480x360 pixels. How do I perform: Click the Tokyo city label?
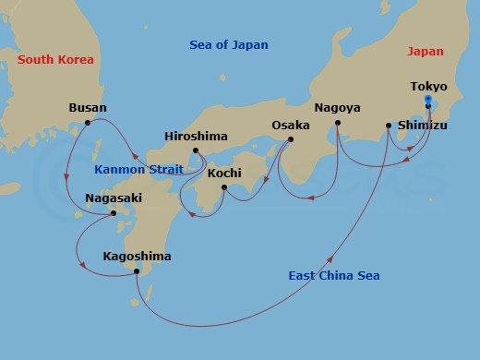[428, 86]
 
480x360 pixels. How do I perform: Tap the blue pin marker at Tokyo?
[427, 100]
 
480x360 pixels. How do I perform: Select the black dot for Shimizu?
[389, 126]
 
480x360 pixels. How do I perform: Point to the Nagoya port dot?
[338, 123]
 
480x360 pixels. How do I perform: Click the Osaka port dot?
[291, 140]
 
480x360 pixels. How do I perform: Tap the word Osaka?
[291, 125]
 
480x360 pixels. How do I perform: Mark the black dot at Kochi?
[224, 188]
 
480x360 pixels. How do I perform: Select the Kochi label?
[224, 173]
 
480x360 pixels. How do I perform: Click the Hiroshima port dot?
[195, 150]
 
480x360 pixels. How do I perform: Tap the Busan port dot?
[88, 123]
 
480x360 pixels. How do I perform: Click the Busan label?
[88, 107]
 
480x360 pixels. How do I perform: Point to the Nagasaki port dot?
[114, 213]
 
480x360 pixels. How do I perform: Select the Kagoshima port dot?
[137, 271]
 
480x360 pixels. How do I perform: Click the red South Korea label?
[55, 60]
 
